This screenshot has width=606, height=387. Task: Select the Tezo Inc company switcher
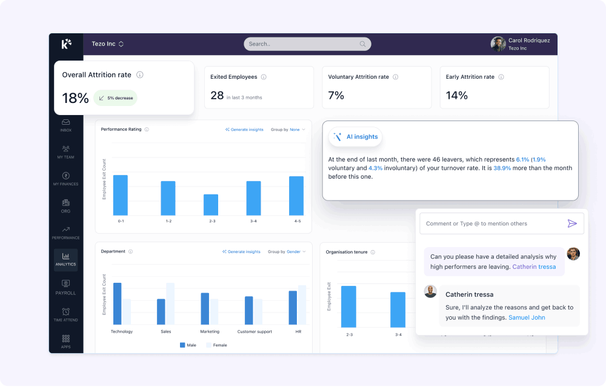(x=108, y=44)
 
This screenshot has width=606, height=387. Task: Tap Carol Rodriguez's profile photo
(x=498, y=44)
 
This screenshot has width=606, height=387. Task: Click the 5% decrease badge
(x=116, y=98)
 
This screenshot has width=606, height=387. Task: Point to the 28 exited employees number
(x=217, y=95)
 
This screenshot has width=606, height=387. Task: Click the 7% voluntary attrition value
(x=336, y=95)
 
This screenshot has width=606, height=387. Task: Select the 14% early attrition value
(x=456, y=95)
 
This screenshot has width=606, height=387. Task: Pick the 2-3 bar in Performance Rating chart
(x=211, y=205)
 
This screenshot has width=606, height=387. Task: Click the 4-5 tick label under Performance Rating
(x=297, y=221)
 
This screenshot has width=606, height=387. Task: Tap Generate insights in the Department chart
(x=242, y=251)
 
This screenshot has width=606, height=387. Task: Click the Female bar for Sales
(x=170, y=303)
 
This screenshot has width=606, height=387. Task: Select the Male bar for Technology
(x=118, y=303)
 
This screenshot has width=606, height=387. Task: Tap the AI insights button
(x=356, y=137)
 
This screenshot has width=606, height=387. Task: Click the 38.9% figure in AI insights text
(x=502, y=168)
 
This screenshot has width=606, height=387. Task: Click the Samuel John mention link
(x=527, y=317)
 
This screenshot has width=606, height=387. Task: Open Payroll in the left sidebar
(x=65, y=287)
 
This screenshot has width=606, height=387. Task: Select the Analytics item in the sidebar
(x=65, y=260)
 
